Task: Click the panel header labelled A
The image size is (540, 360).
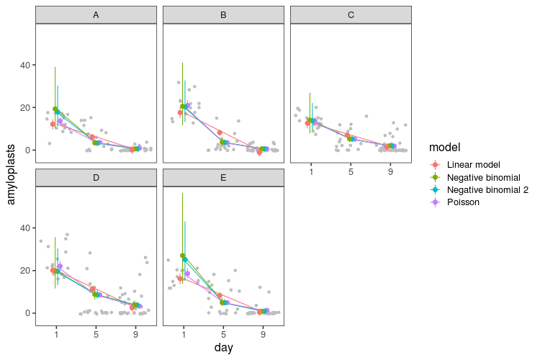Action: pyautogui.click(x=96, y=14)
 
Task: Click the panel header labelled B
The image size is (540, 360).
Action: pyautogui.click(x=223, y=14)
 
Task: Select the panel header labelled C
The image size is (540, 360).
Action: pyautogui.click(x=351, y=14)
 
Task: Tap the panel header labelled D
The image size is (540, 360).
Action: pyautogui.click(x=96, y=177)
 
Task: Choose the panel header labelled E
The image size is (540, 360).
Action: pyautogui.click(x=223, y=177)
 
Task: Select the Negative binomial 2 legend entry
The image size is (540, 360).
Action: pyautogui.click(x=487, y=189)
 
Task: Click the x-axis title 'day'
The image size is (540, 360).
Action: pyautogui.click(x=223, y=348)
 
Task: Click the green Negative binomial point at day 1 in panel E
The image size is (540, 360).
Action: pyautogui.click(x=183, y=256)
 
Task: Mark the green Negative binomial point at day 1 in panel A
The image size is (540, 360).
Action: pyautogui.click(x=55, y=109)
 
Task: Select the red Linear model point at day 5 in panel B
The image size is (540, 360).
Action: pyautogui.click(x=220, y=132)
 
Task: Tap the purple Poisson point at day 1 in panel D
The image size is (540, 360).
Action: pyautogui.click(x=60, y=266)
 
